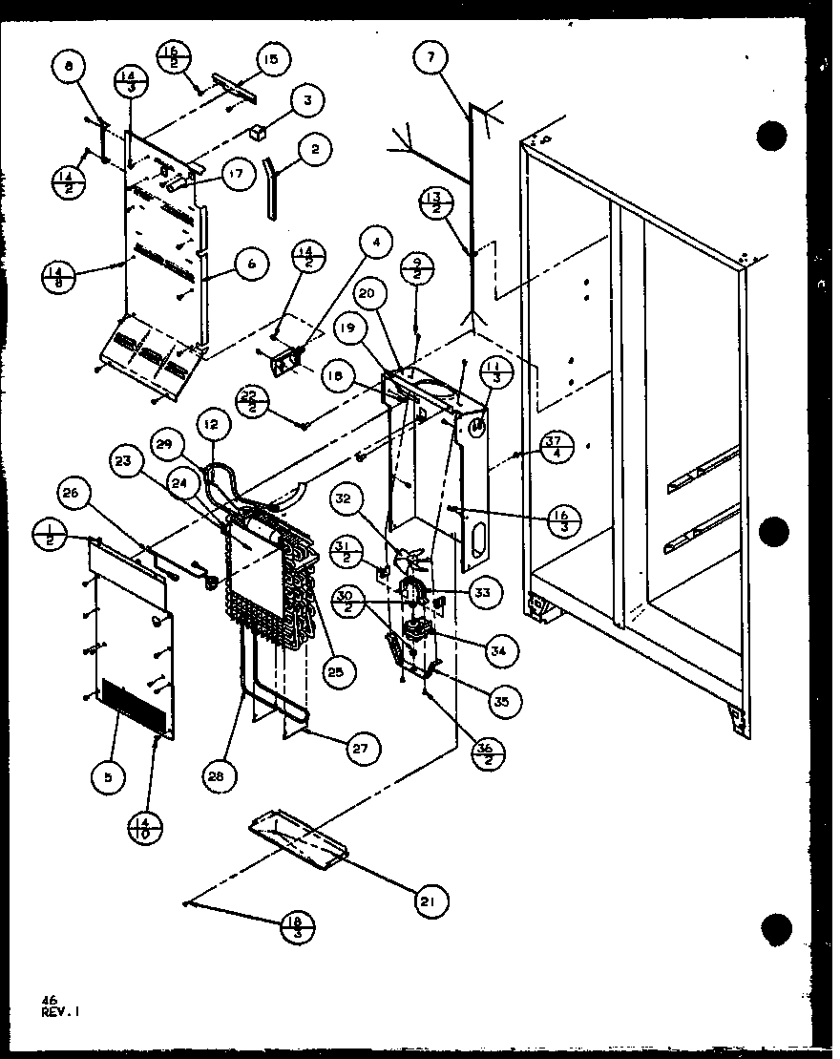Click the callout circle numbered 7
click(x=431, y=59)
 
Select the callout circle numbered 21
click(x=432, y=899)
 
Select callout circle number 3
click(x=307, y=99)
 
